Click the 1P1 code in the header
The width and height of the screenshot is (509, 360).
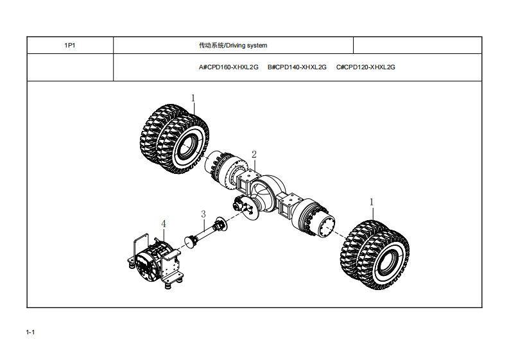[x=69, y=46]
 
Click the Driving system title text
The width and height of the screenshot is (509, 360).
[x=233, y=46]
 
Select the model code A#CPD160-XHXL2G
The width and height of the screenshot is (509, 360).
[x=229, y=67]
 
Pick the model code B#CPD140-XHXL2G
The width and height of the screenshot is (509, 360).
[x=297, y=67]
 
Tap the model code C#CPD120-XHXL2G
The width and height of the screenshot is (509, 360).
[x=365, y=67]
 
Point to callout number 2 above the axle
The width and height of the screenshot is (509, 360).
[x=254, y=155]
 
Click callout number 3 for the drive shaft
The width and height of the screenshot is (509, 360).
[x=203, y=214]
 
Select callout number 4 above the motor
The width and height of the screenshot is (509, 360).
[x=164, y=223]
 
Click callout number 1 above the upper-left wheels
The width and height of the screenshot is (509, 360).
[x=193, y=98]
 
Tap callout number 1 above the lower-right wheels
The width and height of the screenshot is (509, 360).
[x=371, y=201]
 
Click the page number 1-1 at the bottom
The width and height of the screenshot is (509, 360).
[x=30, y=332]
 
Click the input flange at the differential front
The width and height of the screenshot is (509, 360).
[x=245, y=207]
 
